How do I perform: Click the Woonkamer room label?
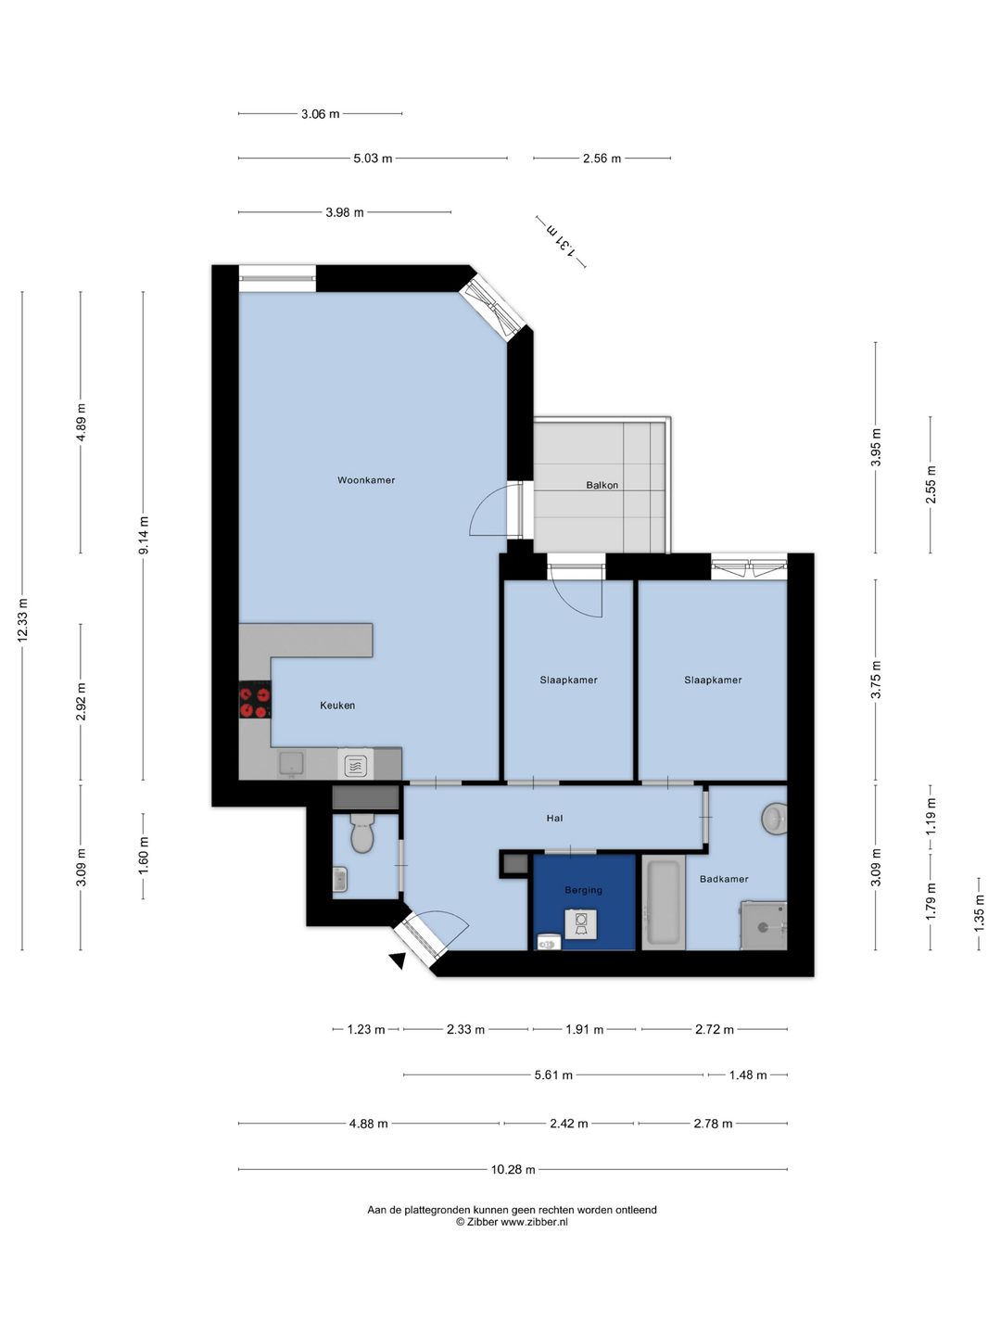(x=366, y=480)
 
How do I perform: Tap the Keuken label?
(x=337, y=706)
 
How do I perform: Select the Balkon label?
(x=602, y=485)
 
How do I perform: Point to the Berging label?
(x=584, y=890)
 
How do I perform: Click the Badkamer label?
(x=724, y=879)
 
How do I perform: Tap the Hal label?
(x=554, y=818)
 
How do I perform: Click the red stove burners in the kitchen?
(x=255, y=702)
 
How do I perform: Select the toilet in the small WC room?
(x=362, y=833)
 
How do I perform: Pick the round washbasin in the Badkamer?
(x=774, y=818)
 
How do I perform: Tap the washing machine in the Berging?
(x=581, y=923)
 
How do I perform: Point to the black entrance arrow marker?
(x=399, y=960)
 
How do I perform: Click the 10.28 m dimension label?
(x=513, y=1169)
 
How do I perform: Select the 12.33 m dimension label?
(x=23, y=620)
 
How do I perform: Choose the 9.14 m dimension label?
(x=144, y=535)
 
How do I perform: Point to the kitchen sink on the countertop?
(x=291, y=764)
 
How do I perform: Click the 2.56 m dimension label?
(x=602, y=159)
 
